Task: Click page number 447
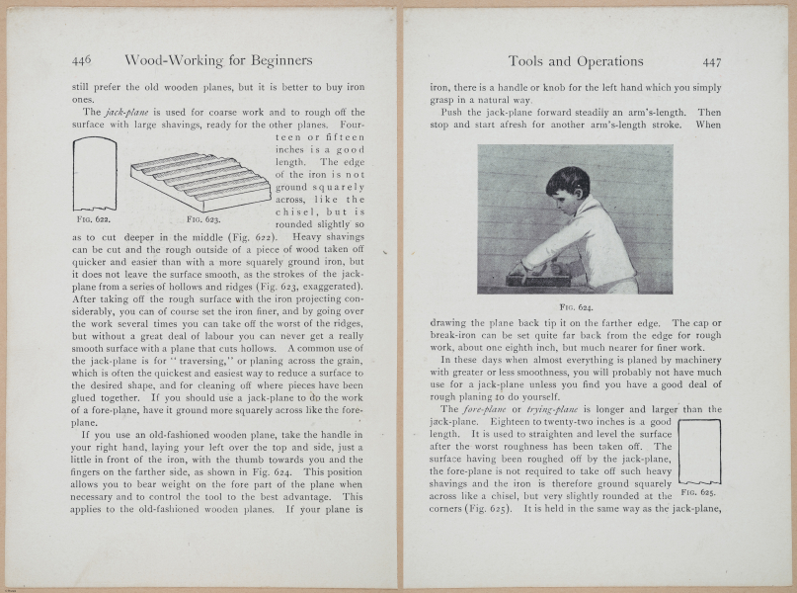[711, 61]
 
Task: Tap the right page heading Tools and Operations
[575, 61]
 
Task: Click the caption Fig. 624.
[575, 307]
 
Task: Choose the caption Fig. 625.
[699, 491]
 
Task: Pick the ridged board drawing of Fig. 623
[200, 179]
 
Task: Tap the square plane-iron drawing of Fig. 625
[699, 450]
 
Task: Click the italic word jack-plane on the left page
[128, 113]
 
